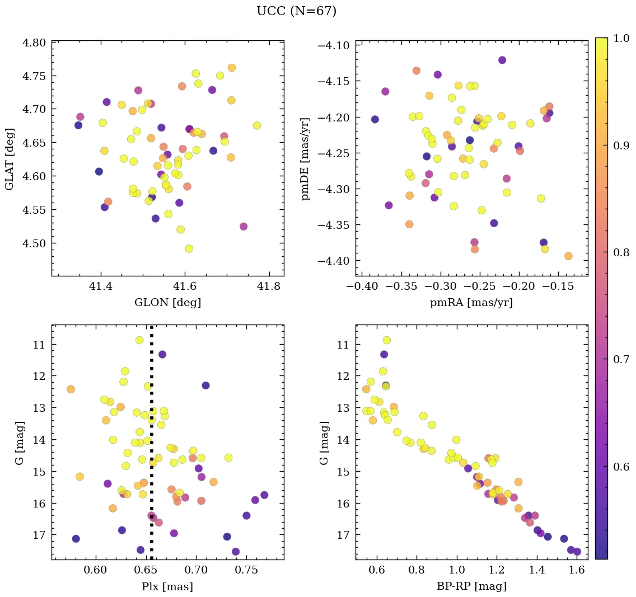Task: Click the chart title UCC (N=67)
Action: [296, 11]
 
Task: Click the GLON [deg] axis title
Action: [167, 303]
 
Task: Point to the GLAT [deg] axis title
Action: [10, 158]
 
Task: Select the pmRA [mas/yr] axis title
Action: [471, 303]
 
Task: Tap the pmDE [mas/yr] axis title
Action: [305, 158]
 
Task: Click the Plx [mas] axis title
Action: [167, 586]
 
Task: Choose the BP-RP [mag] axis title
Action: [471, 586]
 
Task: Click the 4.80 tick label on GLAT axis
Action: [33, 42]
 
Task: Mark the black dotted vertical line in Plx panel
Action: [152, 448]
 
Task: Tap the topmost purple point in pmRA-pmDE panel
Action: [502, 60]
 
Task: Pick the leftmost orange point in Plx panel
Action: [71, 389]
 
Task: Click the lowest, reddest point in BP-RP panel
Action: [577, 552]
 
